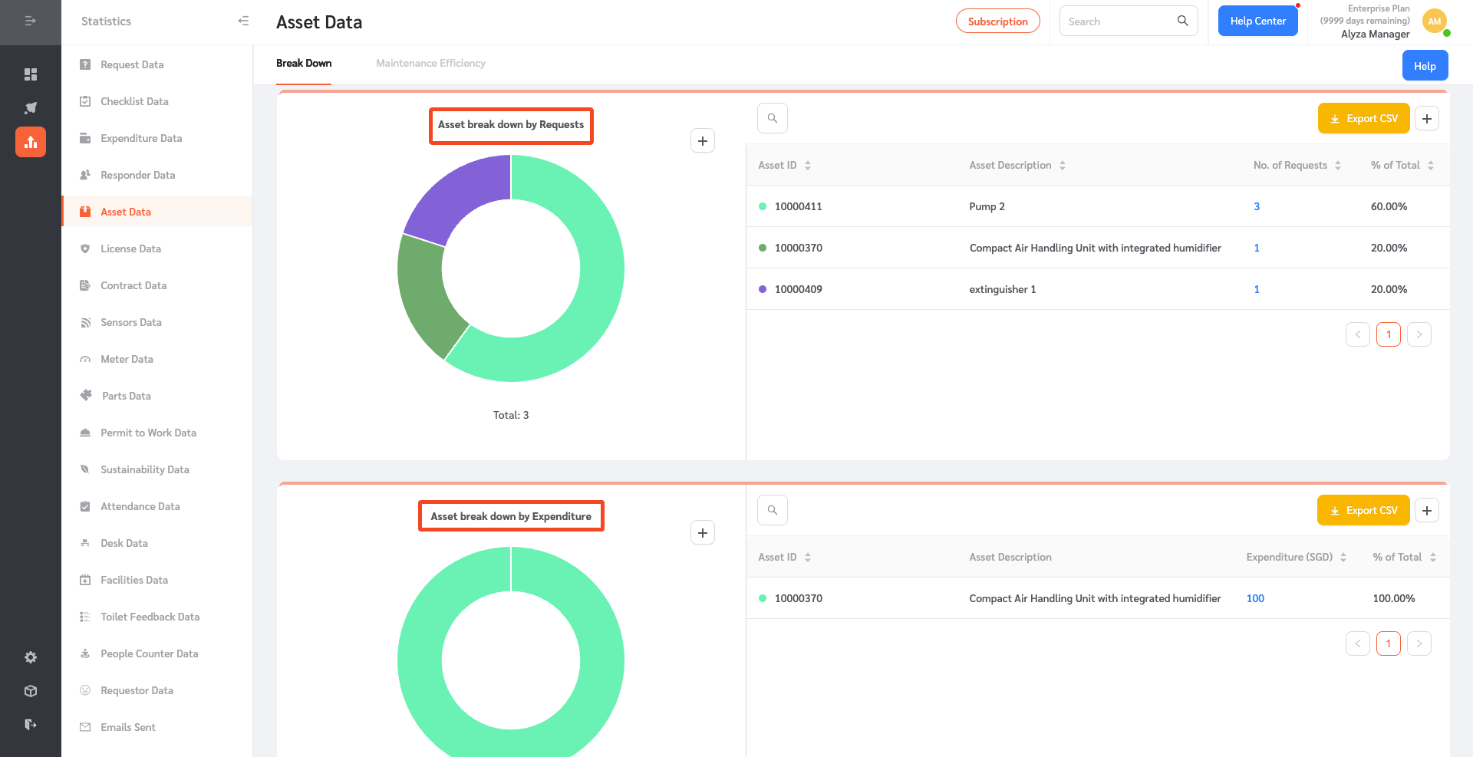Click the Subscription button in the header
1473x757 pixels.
997,21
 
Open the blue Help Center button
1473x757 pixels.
1257,21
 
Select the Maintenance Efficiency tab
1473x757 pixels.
430,64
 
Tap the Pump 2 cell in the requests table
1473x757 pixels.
987,206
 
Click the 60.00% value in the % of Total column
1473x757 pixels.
1389,206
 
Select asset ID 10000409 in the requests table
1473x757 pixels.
798,289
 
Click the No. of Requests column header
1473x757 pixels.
1290,165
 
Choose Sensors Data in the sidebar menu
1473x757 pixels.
130,322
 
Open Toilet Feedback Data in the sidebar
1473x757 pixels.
150,617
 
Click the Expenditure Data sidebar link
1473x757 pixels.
141,138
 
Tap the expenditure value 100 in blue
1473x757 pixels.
1255,598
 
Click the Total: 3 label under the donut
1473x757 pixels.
511,415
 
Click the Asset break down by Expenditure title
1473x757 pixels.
511,516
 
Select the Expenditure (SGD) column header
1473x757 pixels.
1289,557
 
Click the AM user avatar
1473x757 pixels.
1434,21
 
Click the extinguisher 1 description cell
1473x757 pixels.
1002,289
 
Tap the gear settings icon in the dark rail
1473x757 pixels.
31,657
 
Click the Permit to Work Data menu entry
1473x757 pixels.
148,433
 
